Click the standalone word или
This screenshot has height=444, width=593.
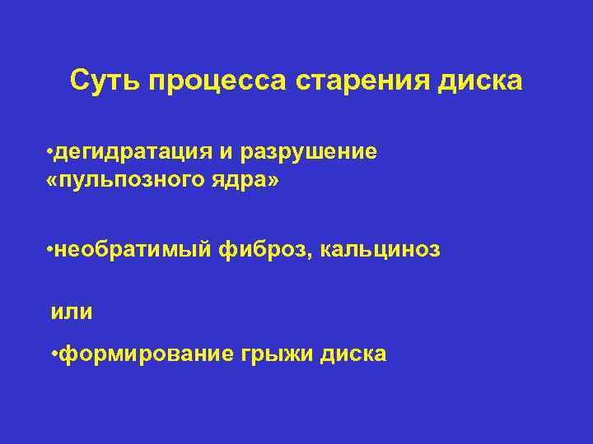72,312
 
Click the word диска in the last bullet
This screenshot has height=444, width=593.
354,354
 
